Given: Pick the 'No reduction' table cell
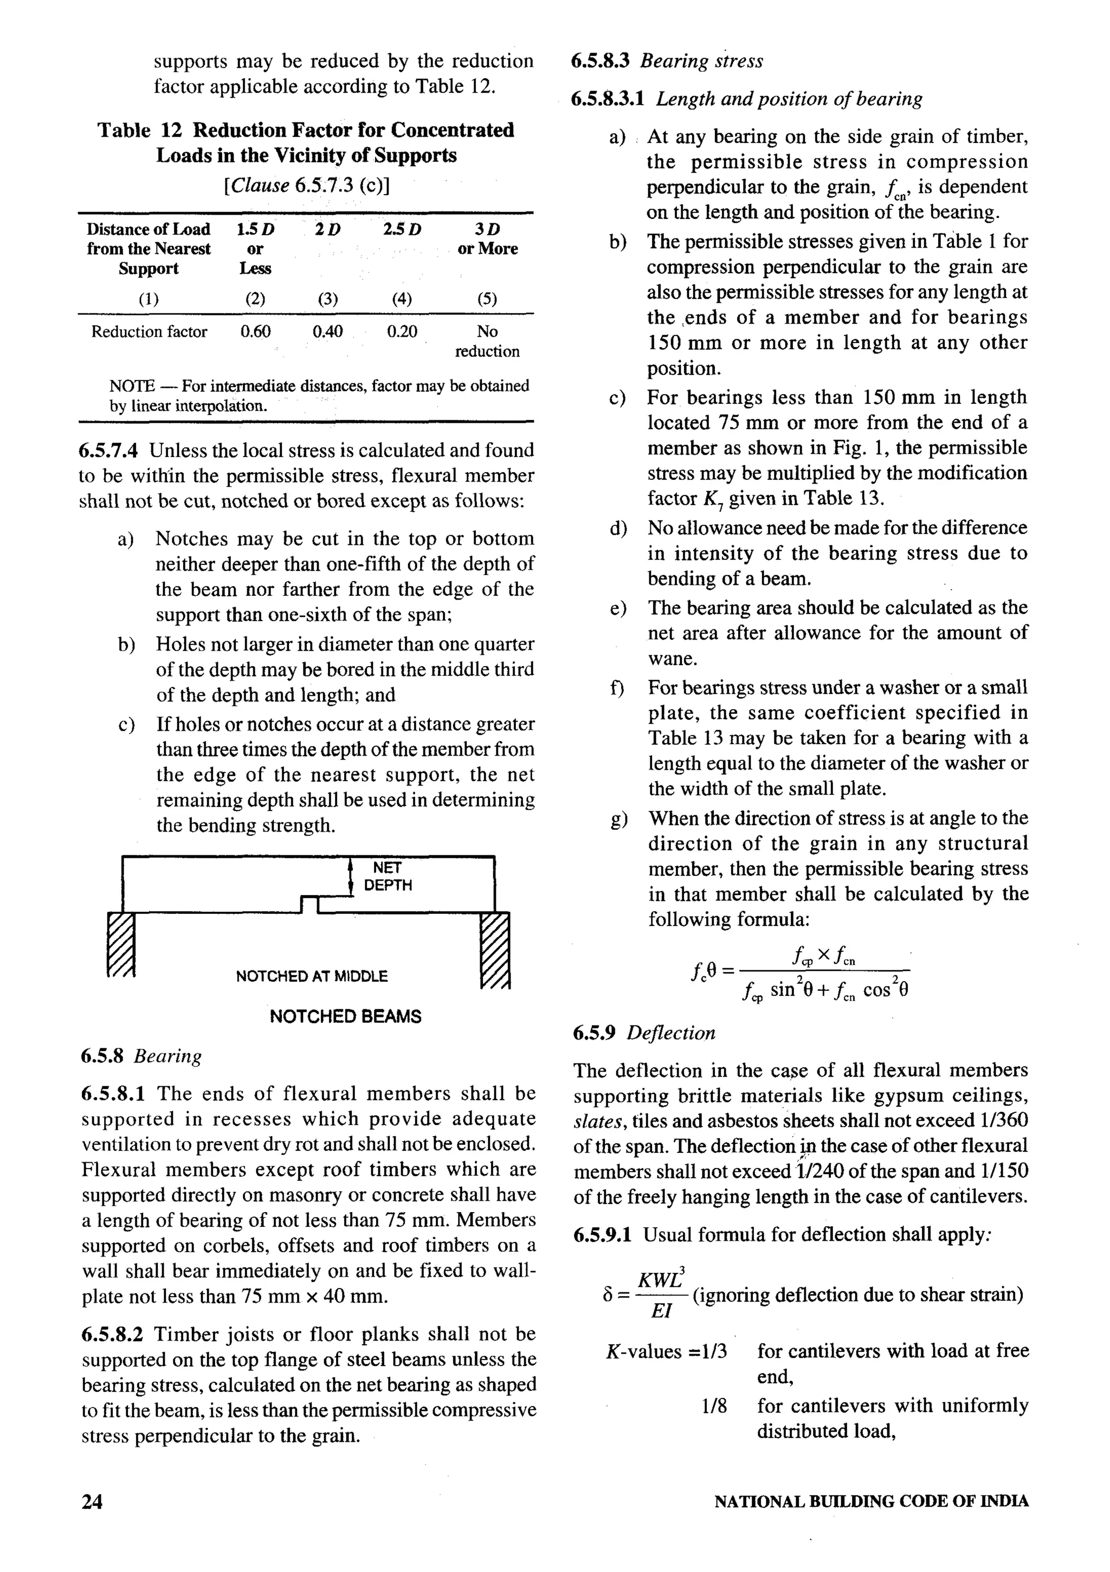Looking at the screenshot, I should coord(487,341).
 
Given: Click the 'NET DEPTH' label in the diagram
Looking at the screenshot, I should coord(388,877).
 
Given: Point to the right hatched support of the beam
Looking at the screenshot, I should coord(496,950).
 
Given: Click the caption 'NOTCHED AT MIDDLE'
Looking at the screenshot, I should coord(312,976).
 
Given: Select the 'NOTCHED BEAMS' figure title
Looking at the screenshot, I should coord(345,1017).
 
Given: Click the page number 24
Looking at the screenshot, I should coord(92,1502).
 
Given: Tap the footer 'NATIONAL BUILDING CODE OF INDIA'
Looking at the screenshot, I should coord(870,1502).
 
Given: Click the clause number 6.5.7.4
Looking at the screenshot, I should coord(108,450).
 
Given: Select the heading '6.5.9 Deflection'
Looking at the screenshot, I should coord(644,1033).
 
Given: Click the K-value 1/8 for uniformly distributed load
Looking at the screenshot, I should coord(714,1406).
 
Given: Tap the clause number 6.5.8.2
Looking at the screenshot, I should coord(112,1335).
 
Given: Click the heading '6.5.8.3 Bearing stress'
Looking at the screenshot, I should coord(667,61).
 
